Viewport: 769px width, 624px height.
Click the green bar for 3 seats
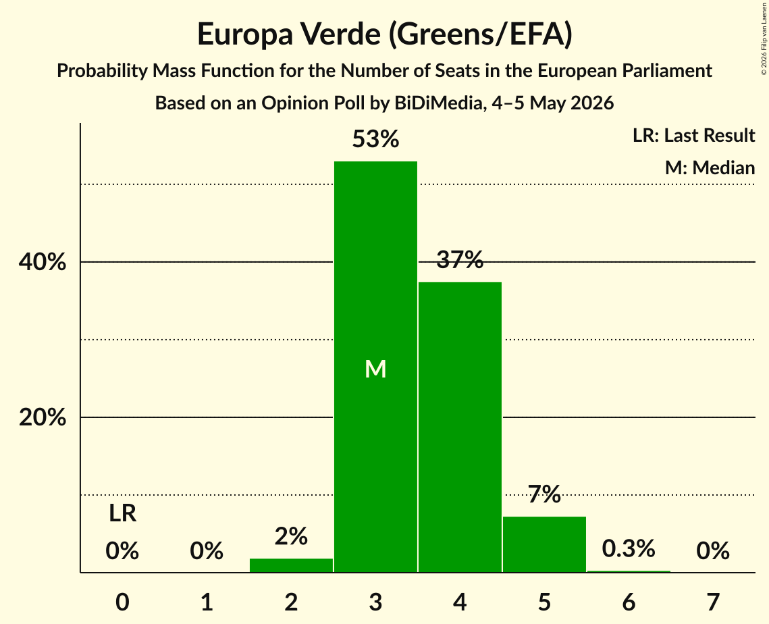coord(375,367)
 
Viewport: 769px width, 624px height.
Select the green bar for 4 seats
coord(460,427)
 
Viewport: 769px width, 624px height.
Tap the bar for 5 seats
coord(544,544)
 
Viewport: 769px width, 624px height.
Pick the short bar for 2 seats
coord(291,565)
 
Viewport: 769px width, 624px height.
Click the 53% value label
coord(375,139)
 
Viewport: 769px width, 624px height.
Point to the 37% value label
coord(460,259)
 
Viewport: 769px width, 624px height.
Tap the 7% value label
coord(544,494)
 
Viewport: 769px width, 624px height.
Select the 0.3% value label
coord(629,548)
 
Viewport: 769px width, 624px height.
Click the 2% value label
coord(291,536)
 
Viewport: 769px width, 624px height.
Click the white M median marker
coord(375,369)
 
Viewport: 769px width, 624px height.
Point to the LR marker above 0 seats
coord(123,513)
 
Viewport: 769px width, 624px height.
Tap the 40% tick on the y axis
coord(42,262)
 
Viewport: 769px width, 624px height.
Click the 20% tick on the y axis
coord(42,417)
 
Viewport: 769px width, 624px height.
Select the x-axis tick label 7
coord(713,602)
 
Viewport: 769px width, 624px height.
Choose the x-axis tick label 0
coord(123,602)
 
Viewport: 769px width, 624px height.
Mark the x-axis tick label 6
coord(629,602)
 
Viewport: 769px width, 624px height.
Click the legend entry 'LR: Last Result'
coord(694,135)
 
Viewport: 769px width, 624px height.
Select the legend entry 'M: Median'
coord(710,167)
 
